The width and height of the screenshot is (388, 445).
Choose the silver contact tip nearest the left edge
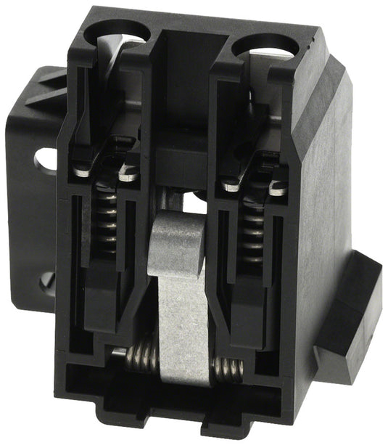click(81, 171)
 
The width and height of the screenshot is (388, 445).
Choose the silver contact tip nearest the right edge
click(278, 189)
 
